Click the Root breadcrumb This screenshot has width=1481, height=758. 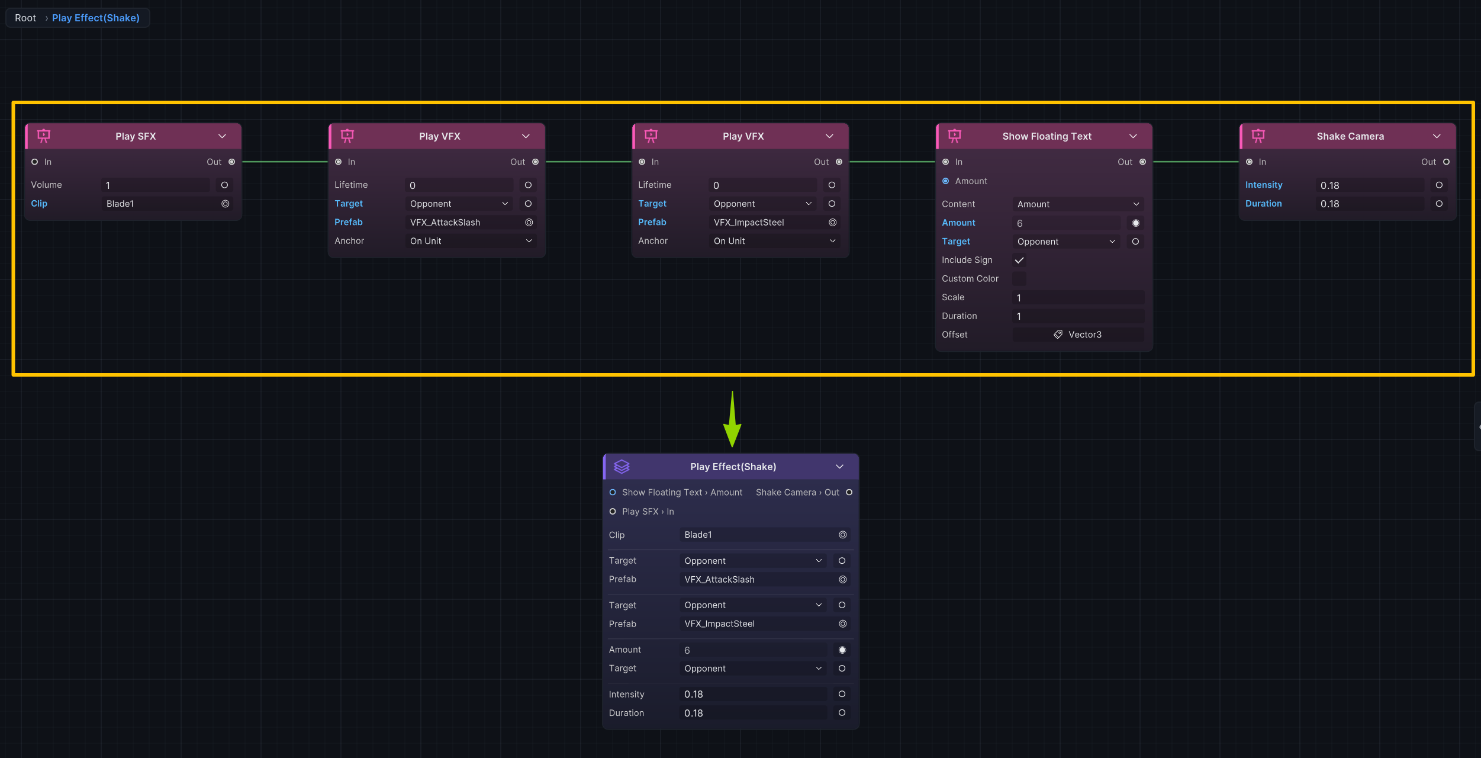25,18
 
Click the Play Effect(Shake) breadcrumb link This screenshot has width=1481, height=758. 96,18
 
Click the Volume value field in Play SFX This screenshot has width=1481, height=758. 156,185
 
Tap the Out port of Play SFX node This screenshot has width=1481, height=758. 231,162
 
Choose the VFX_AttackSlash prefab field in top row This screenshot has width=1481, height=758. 471,223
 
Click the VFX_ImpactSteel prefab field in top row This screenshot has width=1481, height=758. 774,223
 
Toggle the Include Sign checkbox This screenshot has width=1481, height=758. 1019,260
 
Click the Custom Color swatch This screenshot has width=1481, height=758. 1019,279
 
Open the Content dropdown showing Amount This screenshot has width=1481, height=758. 1078,204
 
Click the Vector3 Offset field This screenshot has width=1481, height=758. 1078,335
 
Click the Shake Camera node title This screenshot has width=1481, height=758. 1350,136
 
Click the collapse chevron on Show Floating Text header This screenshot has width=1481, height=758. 1133,136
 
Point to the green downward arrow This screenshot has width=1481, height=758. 732,419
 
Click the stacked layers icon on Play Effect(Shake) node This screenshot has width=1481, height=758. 622,467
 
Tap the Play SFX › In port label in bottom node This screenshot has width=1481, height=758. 648,512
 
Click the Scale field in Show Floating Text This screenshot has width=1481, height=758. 1078,298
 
